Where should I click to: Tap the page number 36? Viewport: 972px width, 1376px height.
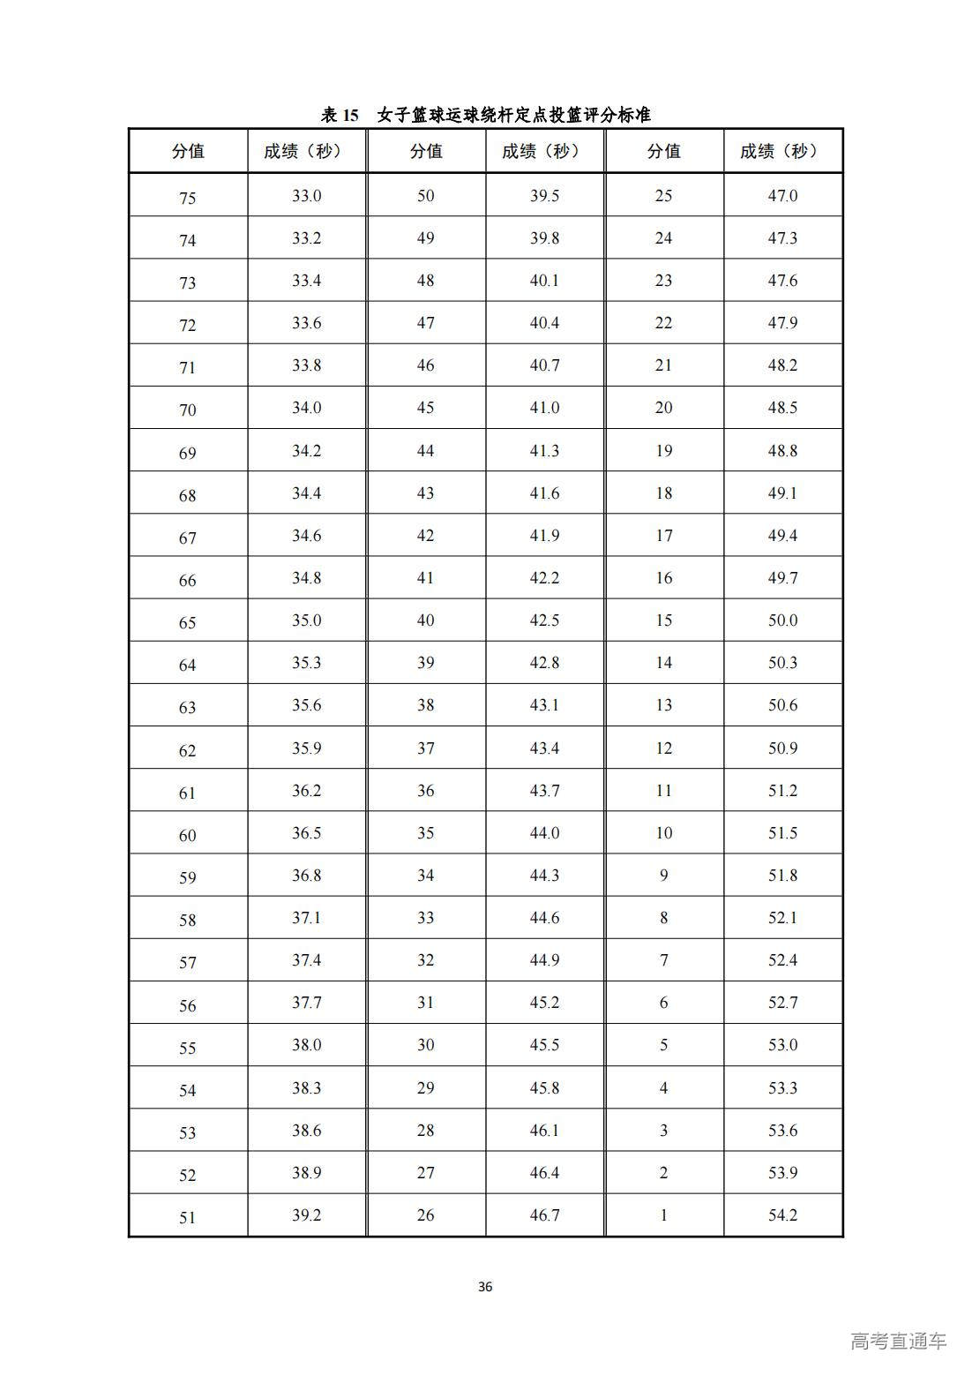click(x=485, y=1286)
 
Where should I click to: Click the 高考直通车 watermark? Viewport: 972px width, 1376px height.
click(x=898, y=1341)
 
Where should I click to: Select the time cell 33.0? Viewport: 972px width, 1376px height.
click(x=306, y=196)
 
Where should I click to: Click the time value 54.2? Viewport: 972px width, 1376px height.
click(x=782, y=1215)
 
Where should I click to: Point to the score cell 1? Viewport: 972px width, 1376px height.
click(x=663, y=1215)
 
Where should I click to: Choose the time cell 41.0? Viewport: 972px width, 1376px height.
click(x=544, y=408)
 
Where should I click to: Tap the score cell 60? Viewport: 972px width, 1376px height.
click(x=187, y=835)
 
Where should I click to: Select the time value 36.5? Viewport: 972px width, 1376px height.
click(x=306, y=833)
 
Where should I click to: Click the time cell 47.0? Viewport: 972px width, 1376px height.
click(x=782, y=196)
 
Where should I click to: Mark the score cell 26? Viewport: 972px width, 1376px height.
click(x=425, y=1215)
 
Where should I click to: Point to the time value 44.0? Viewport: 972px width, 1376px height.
click(x=544, y=833)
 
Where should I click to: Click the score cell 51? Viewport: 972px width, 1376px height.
click(x=187, y=1217)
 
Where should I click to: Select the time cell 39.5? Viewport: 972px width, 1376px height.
click(x=544, y=196)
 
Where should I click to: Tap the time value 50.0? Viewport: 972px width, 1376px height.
click(x=782, y=620)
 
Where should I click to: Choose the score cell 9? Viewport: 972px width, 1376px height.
click(x=663, y=876)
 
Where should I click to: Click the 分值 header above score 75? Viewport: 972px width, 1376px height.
click(x=188, y=151)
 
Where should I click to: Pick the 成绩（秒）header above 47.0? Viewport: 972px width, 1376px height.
click(x=782, y=151)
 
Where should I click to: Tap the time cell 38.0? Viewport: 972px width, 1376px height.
click(x=306, y=1045)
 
